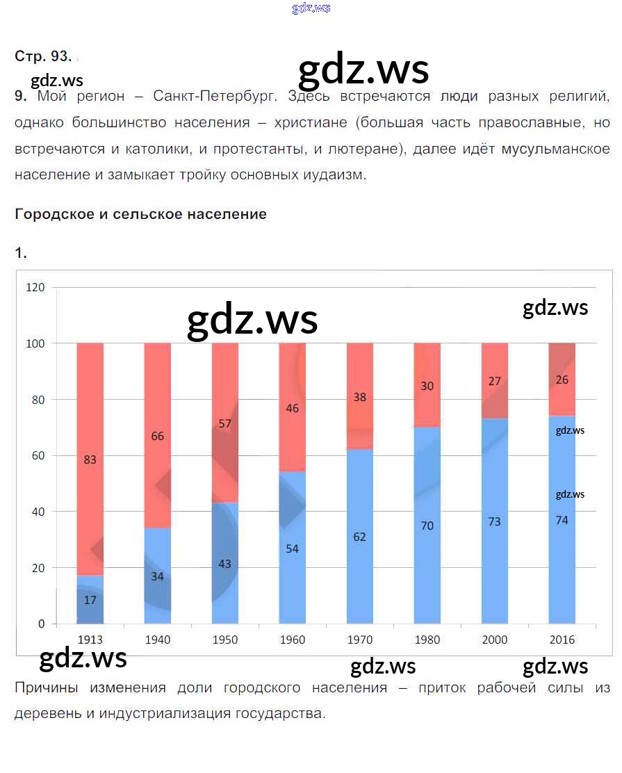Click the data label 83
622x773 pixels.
pos(90,459)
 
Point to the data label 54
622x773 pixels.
pos(292,548)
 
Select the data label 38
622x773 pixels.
pos(359,398)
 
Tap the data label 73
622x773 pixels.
pos(494,521)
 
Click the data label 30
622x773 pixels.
pos(427,386)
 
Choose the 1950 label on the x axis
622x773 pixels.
pos(224,640)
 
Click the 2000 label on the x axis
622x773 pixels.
pos(494,640)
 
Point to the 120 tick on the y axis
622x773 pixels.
pos(35,287)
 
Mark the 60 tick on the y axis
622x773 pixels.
pos(38,455)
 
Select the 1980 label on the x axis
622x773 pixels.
pos(427,640)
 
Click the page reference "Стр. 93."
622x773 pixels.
pos(43,57)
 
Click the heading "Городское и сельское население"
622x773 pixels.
pos(140,214)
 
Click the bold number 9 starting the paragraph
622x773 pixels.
pos(19,97)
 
